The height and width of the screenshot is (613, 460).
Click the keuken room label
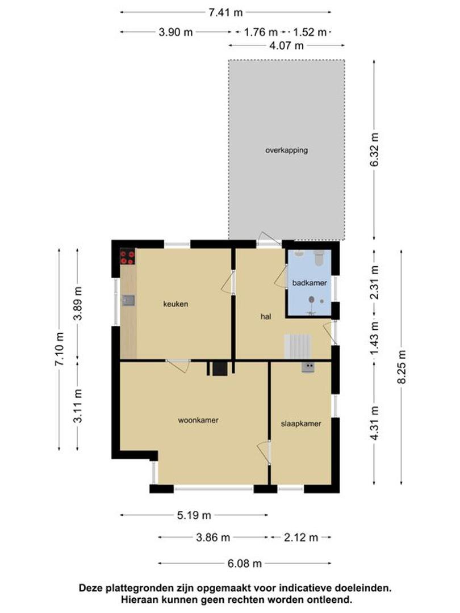pyautogui.click(x=175, y=304)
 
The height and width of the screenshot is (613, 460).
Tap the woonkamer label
pyautogui.click(x=198, y=420)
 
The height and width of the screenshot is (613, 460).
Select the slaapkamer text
pyautogui.click(x=301, y=423)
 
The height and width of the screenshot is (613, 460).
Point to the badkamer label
pyautogui.click(x=310, y=283)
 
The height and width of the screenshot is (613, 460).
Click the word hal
pyautogui.click(x=266, y=316)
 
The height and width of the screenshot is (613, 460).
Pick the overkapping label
pyautogui.click(x=287, y=150)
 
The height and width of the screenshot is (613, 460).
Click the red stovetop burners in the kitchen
pyautogui.click(x=128, y=257)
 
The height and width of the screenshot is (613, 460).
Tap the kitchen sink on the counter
pyautogui.click(x=128, y=300)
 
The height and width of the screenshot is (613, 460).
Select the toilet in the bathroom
pyautogui.click(x=319, y=258)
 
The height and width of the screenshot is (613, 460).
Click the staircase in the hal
pyautogui.click(x=298, y=346)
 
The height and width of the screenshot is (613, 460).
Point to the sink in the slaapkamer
pyautogui.click(x=308, y=367)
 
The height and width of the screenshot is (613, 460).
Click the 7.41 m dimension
pyautogui.click(x=225, y=12)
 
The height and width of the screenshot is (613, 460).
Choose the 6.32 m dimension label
pyautogui.click(x=374, y=150)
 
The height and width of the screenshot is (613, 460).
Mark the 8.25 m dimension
pyautogui.click(x=402, y=367)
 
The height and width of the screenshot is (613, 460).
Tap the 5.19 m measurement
pyautogui.click(x=194, y=515)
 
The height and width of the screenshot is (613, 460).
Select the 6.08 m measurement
pyautogui.click(x=244, y=564)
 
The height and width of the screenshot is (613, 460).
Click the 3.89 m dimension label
pyautogui.click(x=78, y=303)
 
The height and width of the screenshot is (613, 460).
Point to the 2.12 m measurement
pyautogui.click(x=301, y=538)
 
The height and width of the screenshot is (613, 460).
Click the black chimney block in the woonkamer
pyautogui.click(x=220, y=369)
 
